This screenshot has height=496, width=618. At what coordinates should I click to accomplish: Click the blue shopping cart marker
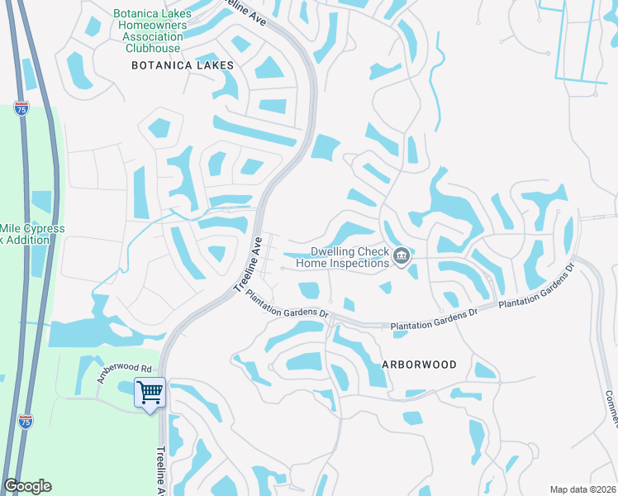(x=150, y=392)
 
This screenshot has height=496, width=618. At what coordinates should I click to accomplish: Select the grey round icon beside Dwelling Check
(x=401, y=256)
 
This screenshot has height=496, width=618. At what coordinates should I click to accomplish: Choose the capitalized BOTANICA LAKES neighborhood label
(x=181, y=64)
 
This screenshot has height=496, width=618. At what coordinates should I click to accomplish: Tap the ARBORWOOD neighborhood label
(x=419, y=364)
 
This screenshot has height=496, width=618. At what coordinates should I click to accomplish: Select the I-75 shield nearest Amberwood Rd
(x=26, y=422)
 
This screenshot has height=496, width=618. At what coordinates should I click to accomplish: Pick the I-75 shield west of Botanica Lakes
(x=21, y=108)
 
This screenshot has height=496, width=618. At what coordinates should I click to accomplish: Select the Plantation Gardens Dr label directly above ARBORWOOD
(x=435, y=317)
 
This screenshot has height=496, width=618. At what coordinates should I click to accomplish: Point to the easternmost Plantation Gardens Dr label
(x=536, y=289)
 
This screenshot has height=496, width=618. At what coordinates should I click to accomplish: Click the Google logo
(x=27, y=486)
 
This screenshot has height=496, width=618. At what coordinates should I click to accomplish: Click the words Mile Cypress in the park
(x=32, y=228)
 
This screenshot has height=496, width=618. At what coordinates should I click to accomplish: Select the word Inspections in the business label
(x=359, y=264)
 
